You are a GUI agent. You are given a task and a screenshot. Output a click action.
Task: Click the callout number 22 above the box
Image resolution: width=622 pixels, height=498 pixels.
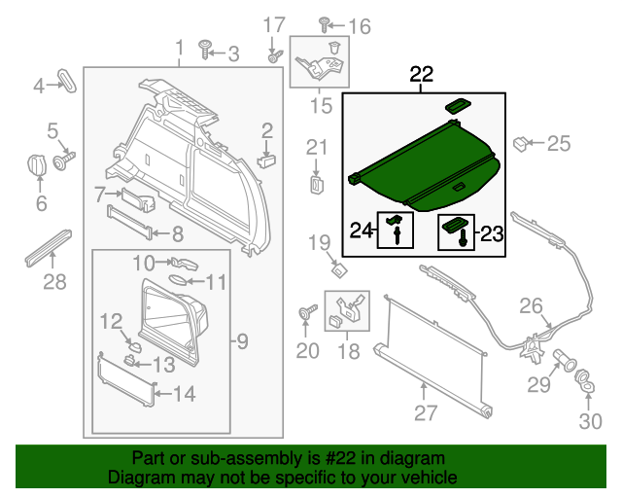click(422, 75)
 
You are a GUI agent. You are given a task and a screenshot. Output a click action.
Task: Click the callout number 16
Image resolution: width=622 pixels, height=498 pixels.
click(360, 27)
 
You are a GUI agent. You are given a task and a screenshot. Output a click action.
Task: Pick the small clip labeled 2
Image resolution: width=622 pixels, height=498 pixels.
click(267, 153)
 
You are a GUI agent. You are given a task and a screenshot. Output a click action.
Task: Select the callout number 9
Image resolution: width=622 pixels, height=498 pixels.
click(243, 341)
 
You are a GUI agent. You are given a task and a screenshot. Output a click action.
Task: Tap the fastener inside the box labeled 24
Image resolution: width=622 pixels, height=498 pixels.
click(396, 229)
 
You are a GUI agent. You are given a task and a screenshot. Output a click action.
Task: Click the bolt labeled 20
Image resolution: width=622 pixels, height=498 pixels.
click(308, 314)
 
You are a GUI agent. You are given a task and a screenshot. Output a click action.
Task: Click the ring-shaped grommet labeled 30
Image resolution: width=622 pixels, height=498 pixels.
click(586, 379)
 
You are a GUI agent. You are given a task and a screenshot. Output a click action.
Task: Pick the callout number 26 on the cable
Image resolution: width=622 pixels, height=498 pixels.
click(530, 307)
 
